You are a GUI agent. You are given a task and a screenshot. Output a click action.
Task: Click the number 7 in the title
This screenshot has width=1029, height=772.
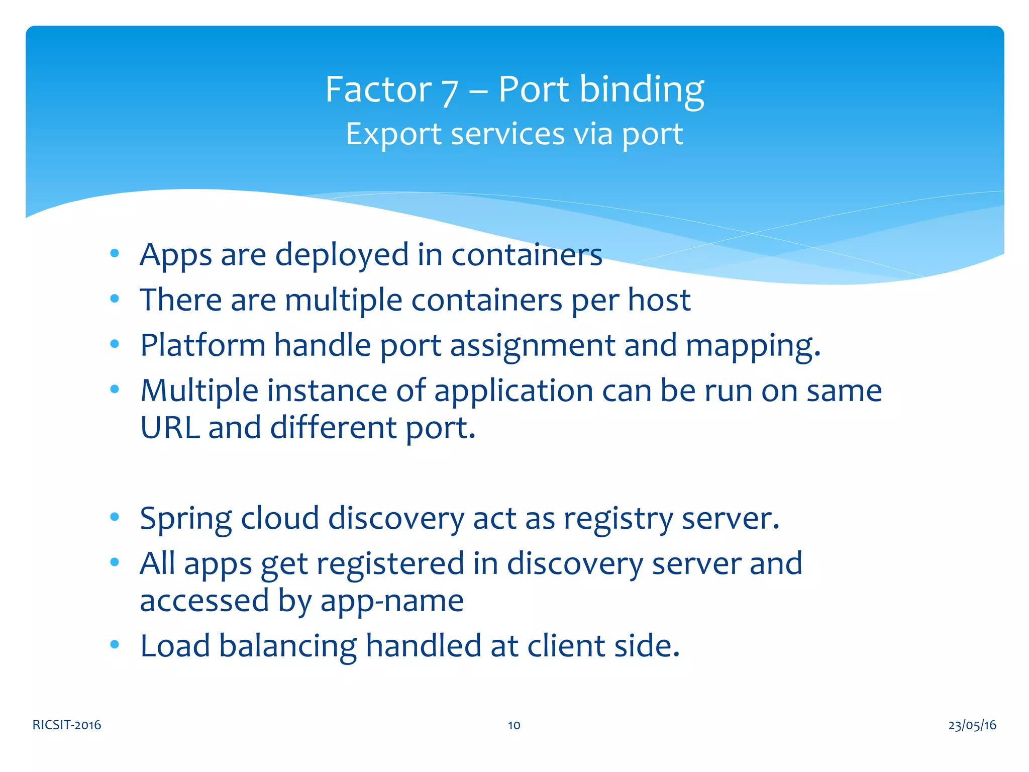[450, 91]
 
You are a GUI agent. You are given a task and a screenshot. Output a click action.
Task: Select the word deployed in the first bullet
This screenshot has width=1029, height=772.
[342, 255]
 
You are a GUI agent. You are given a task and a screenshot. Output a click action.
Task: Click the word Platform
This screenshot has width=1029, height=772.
[202, 346]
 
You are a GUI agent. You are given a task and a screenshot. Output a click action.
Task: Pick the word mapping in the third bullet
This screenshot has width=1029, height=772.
[753, 346]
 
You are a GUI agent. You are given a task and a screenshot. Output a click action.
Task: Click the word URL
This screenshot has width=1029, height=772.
[170, 428]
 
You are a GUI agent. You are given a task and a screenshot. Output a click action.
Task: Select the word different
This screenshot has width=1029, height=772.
[333, 428]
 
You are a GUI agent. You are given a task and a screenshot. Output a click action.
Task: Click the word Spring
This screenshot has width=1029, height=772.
[186, 519]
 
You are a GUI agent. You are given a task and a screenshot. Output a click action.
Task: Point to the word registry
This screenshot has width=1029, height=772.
[618, 519]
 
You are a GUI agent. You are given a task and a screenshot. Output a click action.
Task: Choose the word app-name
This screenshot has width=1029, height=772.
[392, 601]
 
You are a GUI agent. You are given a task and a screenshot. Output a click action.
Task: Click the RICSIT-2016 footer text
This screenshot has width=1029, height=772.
[67, 725]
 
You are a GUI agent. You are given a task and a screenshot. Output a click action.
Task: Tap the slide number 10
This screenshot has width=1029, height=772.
[514, 725]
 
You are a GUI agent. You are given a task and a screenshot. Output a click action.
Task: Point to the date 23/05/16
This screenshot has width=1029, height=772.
[972, 725]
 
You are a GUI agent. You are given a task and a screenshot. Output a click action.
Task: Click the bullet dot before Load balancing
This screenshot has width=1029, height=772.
[115, 644]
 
